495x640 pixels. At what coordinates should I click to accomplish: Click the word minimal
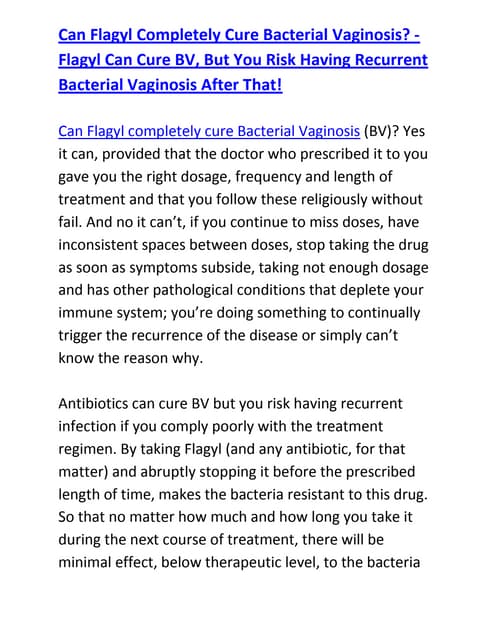(x=93, y=563)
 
